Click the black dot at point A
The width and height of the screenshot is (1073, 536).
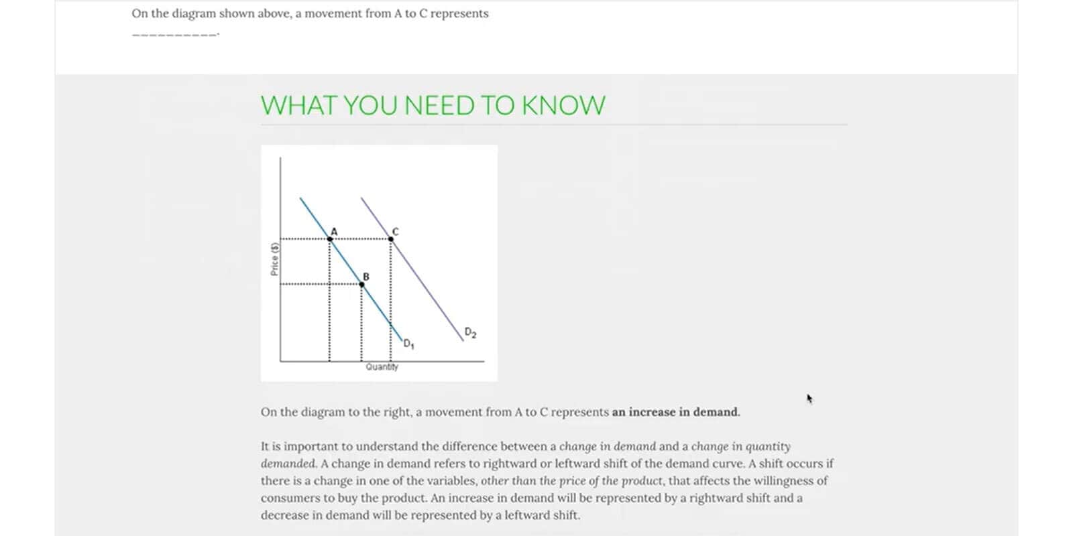(x=329, y=239)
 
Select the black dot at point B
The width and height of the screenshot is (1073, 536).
(x=361, y=284)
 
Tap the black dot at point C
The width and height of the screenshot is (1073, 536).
(x=391, y=239)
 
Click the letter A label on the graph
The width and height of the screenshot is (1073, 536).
(x=335, y=232)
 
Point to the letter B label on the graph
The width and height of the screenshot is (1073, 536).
(x=366, y=277)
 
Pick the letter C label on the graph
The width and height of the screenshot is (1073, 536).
(x=395, y=232)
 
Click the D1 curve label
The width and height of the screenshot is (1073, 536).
(x=408, y=344)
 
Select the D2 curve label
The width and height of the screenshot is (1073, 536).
(x=470, y=332)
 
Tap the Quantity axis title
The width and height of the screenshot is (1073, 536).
(x=382, y=366)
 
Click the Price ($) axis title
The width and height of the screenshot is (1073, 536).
(x=274, y=259)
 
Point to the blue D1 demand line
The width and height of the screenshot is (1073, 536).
(x=351, y=269)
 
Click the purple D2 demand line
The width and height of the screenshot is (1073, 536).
(x=412, y=269)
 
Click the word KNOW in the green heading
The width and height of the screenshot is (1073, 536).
(x=563, y=105)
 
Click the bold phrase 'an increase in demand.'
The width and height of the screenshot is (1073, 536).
(x=676, y=412)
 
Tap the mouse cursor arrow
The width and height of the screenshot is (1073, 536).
(x=809, y=399)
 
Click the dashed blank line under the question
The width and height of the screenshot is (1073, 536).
(x=175, y=34)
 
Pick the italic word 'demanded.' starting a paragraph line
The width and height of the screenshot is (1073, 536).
(x=289, y=463)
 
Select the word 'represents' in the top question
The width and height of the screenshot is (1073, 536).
(x=459, y=14)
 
